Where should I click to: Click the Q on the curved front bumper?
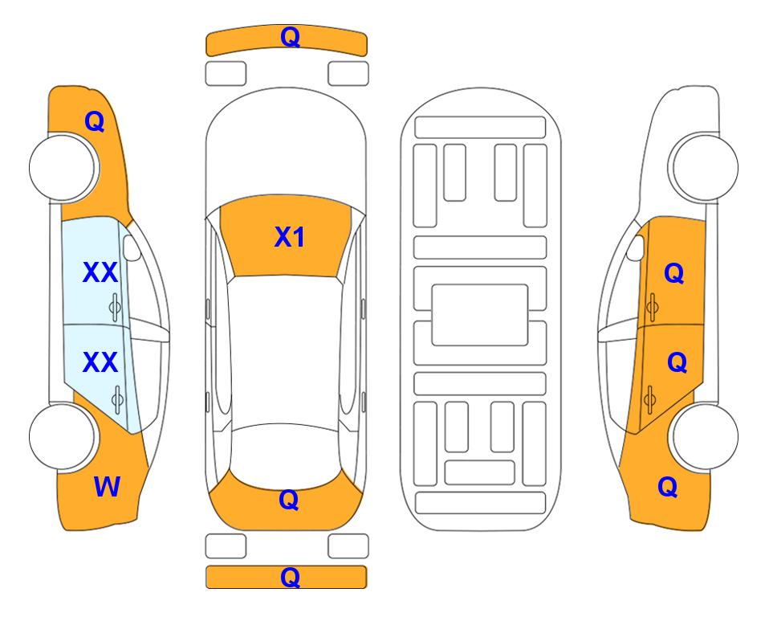[290, 37]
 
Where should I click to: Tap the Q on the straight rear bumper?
[290, 577]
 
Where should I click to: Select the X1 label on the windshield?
[290, 237]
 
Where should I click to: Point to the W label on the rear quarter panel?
[107, 487]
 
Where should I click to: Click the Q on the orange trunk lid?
[289, 500]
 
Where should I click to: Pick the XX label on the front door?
[100, 272]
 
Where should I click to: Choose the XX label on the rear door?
[100, 362]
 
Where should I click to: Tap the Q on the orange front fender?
[95, 121]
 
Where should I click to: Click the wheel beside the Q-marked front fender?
[63, 167]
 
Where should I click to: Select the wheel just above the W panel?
[63, 436]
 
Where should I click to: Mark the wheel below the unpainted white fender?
[706, 167]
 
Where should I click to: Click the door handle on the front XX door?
[115, 307]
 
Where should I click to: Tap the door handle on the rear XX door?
[117, 399]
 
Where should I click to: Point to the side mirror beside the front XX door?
[132, 247]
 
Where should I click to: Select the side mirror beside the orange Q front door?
[636, 247]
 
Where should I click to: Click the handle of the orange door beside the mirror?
[653, 307]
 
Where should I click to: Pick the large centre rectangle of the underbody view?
[480, 315]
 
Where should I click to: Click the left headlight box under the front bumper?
[226, 74]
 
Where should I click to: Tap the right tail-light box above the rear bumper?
[348, 546]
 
